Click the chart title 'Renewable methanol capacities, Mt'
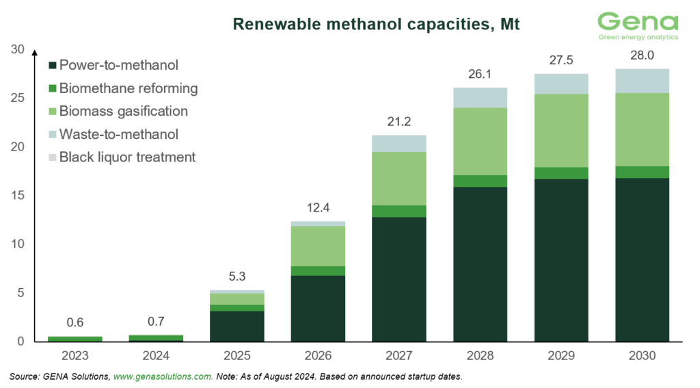click(x=377, y=25)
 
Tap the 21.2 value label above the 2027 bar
click(x=399, y=122)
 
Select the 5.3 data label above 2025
click(x=237, y=277)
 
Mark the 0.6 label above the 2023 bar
click(x=75, y=323)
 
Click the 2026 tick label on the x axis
click(x=318, y=357)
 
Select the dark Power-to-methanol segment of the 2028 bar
click(x=480, y=263)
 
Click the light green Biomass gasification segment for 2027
click(x=399, y=178)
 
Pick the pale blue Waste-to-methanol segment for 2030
click(x=641, y=81)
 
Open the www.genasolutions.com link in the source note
click(x=163, y=377)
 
